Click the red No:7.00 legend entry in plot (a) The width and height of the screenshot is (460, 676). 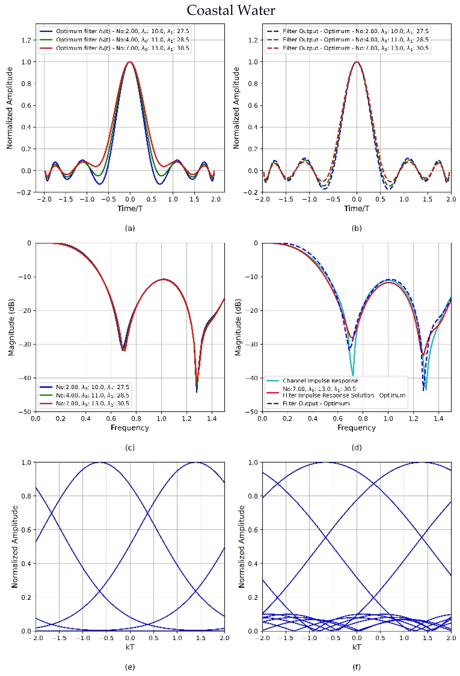coord(122,48)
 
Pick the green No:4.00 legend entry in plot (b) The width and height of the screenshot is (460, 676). coord(355,40)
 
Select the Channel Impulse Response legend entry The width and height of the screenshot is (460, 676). coord(320,380)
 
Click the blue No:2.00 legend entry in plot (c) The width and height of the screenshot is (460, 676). coord(92,387)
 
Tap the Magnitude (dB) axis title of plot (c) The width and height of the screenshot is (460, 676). coord(11,327)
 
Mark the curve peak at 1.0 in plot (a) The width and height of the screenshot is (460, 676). coord(130,62)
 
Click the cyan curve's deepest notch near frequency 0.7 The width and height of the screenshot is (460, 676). coord(353,375)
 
